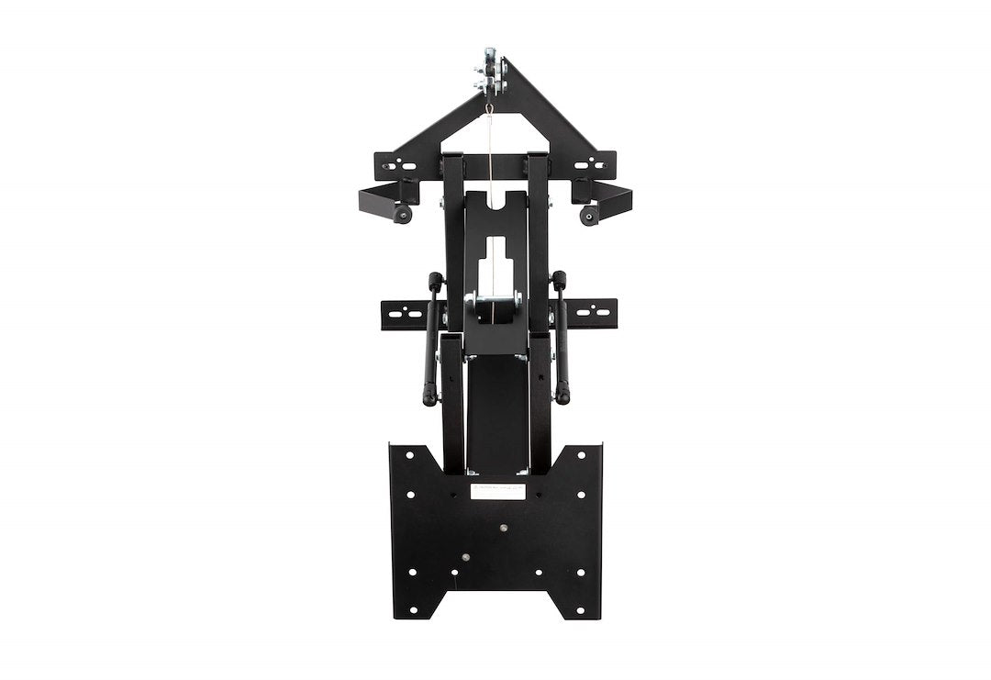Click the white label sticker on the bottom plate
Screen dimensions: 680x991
(497, 491)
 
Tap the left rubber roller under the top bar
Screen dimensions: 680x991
(402, 213)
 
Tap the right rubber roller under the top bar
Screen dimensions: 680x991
(589, 215)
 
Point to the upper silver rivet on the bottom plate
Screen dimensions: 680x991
(502, 528)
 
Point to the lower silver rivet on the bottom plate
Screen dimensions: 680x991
(465, 557)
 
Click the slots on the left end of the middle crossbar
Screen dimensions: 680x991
(404, 314)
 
